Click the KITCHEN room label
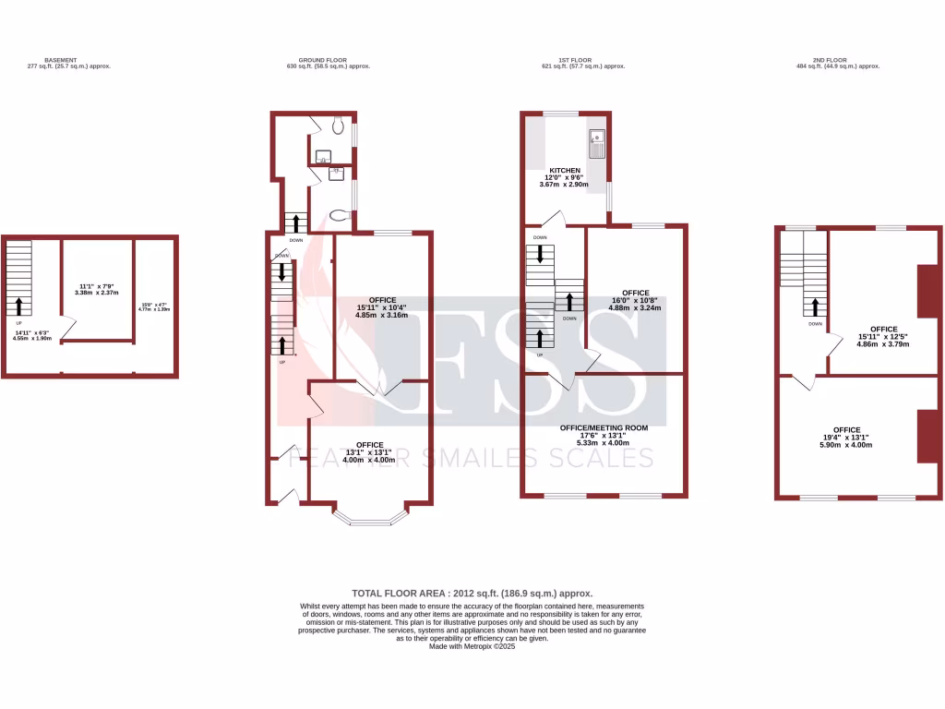pos(565,171)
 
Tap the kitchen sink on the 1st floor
pos(596,145)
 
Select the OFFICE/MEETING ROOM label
pos(604,428)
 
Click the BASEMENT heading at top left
pos(61,60)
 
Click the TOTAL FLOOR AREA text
pos(472,594)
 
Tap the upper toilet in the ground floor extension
pos(339,125)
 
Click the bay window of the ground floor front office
pos(369,519)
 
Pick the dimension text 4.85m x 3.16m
pos(382,316)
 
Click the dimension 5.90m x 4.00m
pos(846,445)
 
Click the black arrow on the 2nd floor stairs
pos(815,307)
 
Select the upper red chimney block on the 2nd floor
pos(928,291)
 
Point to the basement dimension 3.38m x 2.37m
pos(97,293)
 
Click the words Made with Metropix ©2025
pos(472,646)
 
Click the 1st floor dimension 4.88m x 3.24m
pos(635,308)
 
